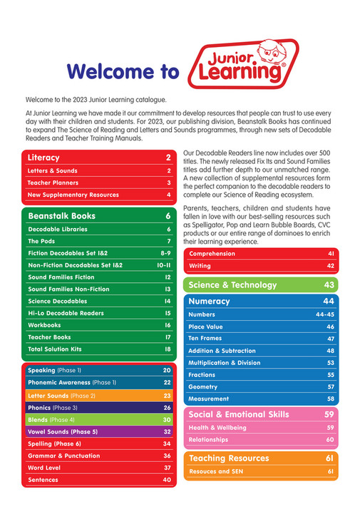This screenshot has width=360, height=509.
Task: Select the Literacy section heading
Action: tap(43, 158)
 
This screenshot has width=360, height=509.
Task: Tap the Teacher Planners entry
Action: tap(53, 182)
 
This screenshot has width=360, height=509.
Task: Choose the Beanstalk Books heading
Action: tap(61, 215)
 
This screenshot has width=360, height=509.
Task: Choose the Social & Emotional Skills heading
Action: tap(238, 413)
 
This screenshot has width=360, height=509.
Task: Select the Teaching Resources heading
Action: tap(226, 457)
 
